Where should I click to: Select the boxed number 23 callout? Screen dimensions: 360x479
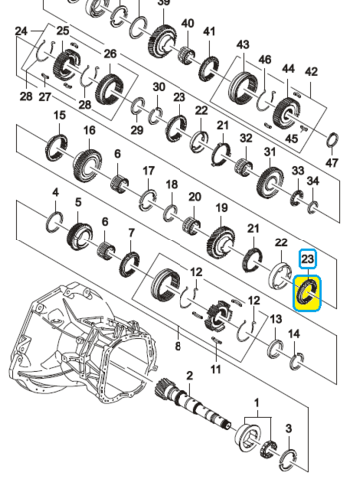click(x=308, y=259)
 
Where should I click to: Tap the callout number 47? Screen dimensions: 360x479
click(x=332, y=163)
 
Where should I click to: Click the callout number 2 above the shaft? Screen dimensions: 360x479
click(x=189, y=376)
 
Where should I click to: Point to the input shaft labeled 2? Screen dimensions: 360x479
click(x=193, y=404)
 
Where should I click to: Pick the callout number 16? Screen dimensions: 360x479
click(x=89, y=130)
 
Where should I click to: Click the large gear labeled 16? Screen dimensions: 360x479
click(x=87, y=166)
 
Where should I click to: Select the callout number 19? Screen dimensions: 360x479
click(x=222, y=208)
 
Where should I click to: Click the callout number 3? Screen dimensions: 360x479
click(x=289, y=429)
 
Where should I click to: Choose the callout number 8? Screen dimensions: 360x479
click(x=178, y=346)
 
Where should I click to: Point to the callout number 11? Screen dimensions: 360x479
click(x=216, y=369)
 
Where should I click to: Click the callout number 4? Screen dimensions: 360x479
click(x=56, y=192)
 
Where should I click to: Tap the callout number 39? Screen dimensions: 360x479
click(x=163, y=3)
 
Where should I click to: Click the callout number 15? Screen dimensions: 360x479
click(x=60, y=115)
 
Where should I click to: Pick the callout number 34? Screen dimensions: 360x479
click(x=313, y=181)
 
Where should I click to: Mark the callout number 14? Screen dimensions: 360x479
click(x=294, y=333)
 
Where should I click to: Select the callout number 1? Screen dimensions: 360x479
click(x=256, y=403)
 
